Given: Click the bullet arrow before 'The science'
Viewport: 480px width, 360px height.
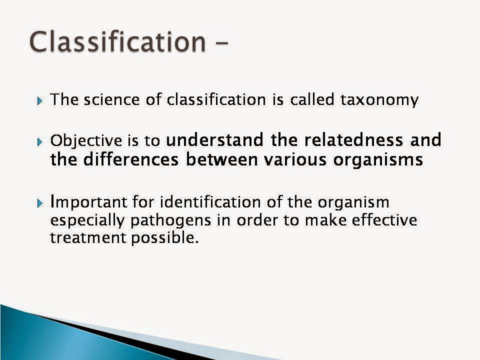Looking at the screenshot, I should coord(40,101).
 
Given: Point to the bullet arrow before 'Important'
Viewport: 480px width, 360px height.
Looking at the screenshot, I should coord(40,204).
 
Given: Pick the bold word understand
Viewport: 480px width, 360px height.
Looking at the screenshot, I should coord(216,140).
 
